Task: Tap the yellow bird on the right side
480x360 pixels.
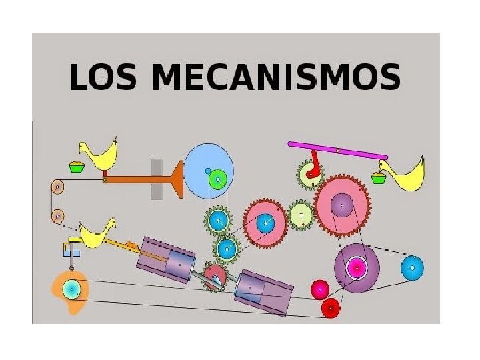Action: pyautogui.click(x=408, y=175)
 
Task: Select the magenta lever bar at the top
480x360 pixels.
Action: pyautogui.click(x=337, y=150)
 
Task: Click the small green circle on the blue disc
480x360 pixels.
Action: pyautogui.click(x=217, y=179)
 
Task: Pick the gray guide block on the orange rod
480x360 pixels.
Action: pyautogui.click(x=157, y=179)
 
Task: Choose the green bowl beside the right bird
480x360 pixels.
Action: pyautogui.click(x=379, y=178)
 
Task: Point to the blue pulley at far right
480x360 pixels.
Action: pyautogui.click(x=412, y=268)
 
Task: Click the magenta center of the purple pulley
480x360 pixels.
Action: pyautogui.click(x=357, y=268)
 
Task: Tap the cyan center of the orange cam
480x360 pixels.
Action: pyautogui.click(x=70, y=289)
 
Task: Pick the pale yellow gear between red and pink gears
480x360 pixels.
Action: pyautogui.click(x=301, y=215)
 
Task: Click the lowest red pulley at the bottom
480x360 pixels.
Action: pyautogui.click(x=331, y=308)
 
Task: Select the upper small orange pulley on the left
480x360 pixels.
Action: pyautogui.click(x=57, y=187)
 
